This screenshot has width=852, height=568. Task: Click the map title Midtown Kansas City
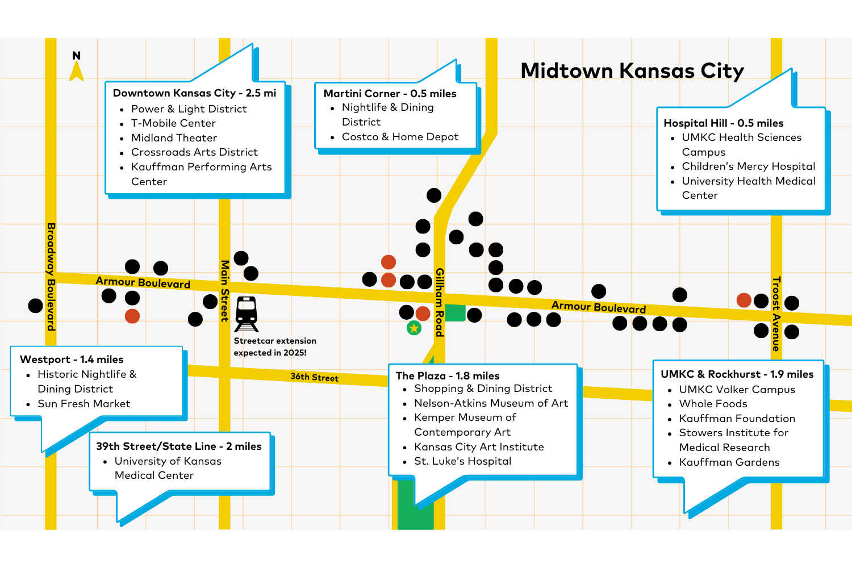coord(632,71)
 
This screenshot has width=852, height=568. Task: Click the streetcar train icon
coord(247,314)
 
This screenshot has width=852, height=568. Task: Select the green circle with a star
coord(414,328)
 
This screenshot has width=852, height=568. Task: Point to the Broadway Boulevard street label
coord(51,277)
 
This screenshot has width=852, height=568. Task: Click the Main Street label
coord(225,291)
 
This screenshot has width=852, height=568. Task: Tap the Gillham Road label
coord(440,302)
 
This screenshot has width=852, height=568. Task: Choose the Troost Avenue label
coord(776,314)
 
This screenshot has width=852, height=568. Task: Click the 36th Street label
coord(315,377)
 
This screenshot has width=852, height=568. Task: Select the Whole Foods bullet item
coord(713,404)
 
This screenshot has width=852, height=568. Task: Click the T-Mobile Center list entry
coord(173,123)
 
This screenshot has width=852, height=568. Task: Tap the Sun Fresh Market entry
coord(84,404)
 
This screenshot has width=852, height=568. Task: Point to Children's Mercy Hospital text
coord(749,166)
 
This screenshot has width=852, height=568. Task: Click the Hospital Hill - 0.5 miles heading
coord(724,123)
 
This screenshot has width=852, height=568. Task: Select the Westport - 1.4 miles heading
coord(72,359)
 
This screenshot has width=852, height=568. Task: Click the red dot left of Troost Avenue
coord(744,300)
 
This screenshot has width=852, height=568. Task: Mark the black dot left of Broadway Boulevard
coord(35,306)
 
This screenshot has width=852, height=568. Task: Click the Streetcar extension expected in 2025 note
coord(275,346)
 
